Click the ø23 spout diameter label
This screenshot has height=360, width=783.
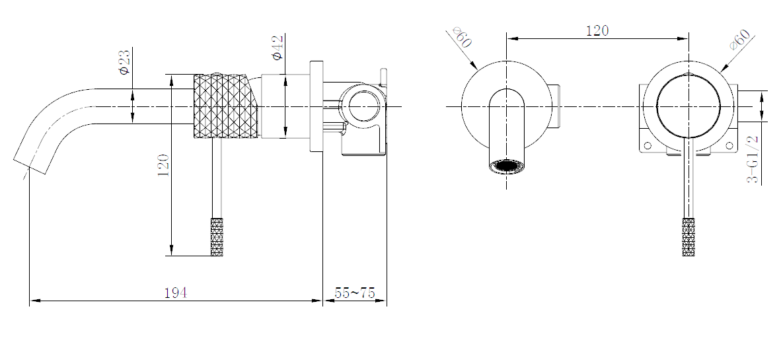pyautogui.click(x=124, y=61)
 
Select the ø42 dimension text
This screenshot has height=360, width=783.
pyautogui.click(x=277, y=48)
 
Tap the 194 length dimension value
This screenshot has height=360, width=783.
pyautogui.click(x=175, y=293)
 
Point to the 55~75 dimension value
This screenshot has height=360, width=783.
pyautogui.click(x=354, y=293)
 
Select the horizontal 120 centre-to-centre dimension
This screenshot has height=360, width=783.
pyautogui.click(x=597, y=30)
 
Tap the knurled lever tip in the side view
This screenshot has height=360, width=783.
pyautogui.click(x=217, y=236)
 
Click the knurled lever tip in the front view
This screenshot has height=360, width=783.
pyautogui.click(x=689, y=236)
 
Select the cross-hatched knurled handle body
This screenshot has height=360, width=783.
pyautogui.click(x=222, y=106)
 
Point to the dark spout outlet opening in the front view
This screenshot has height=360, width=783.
pyautogui.click(x=507, y=166)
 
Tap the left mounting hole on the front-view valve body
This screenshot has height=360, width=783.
pyautogui.click(x=648, y=145)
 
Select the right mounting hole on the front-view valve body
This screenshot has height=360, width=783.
pyautogui.click(x=729, y=145)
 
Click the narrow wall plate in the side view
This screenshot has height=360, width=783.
pyautogui.click(x=316, y=106)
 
